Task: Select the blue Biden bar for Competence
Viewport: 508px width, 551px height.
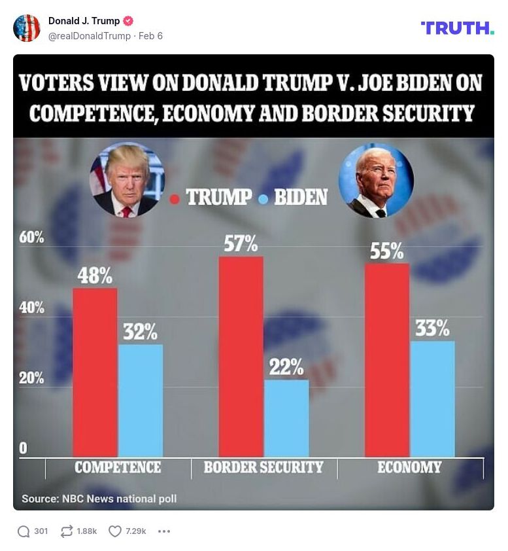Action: click(x=141, y=400)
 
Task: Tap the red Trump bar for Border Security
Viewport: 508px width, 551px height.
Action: click(x=241, y=356)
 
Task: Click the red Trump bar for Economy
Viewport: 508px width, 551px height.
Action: click(x=386, y=359)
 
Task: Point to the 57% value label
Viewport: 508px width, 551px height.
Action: click(x=241, y=244)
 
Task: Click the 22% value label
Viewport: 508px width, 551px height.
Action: click(x=286, y=367)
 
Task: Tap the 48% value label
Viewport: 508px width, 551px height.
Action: click(x=95, y=276)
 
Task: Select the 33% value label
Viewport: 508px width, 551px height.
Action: click(x=432, y=328)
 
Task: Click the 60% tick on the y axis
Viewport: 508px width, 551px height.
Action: click(x=32, y=237)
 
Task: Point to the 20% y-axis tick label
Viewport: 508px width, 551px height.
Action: click(x=32, y=378)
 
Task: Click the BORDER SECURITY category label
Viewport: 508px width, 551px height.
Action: click(x=263, y=467)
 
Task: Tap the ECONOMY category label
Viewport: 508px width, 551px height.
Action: click(x=409, y=467)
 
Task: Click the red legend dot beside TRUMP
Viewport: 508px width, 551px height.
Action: click(x=175, y=198)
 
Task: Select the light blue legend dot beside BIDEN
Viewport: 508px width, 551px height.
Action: click(x=263, y=198)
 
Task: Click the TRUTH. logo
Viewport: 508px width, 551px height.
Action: click(x=457, y=27)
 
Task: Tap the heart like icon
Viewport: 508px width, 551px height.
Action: click(x=115, y=531)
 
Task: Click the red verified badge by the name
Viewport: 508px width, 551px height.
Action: click(x=129, y=21)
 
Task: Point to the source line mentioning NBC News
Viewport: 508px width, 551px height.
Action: click(x=99, y=499)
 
